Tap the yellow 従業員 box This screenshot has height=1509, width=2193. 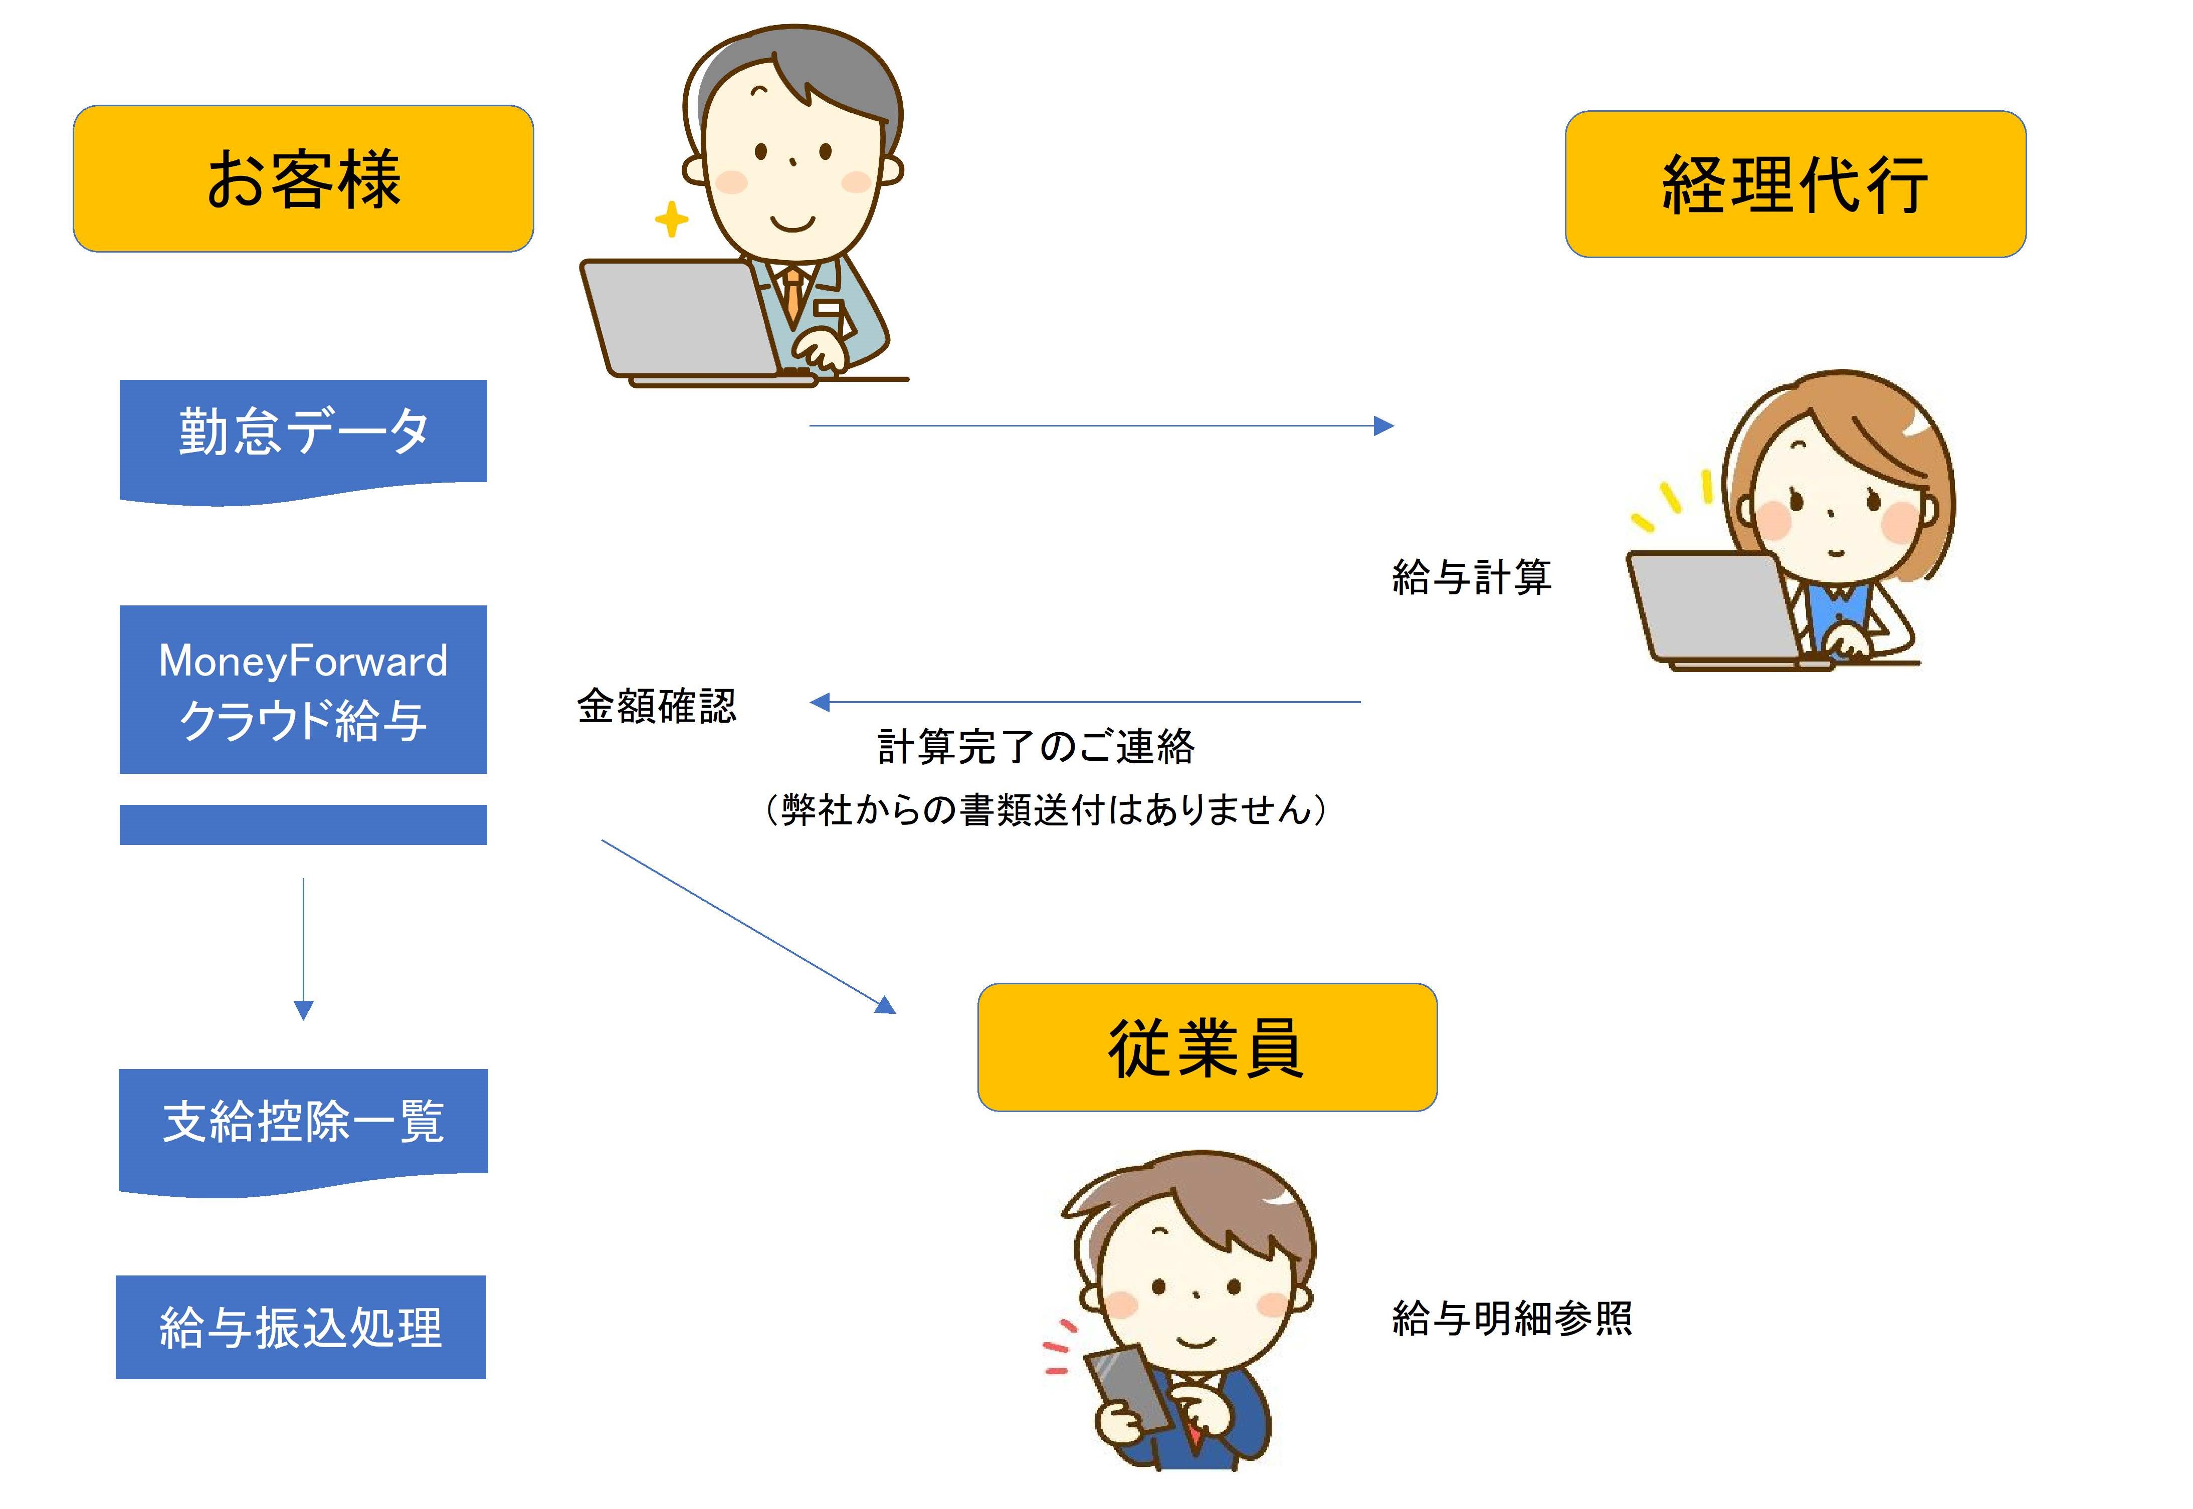pos(1207,1046)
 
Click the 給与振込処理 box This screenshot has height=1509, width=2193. pos(301,1327)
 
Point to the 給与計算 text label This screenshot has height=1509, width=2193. pos(1472,577)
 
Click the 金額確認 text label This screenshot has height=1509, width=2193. pos(656,705)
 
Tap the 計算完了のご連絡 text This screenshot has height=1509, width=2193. pos(1036,747)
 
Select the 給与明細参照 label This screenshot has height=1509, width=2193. pos(1511,1318)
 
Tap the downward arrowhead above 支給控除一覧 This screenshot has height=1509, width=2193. pos(304,1009)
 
